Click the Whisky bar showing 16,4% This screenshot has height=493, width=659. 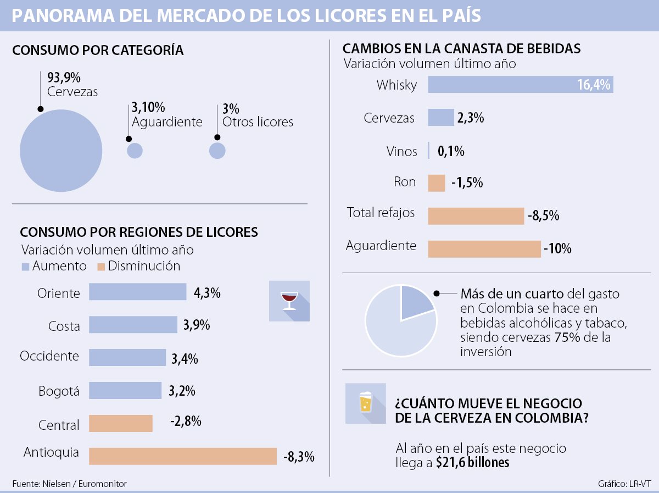[520, 85]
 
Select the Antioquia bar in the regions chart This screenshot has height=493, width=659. [182, 456]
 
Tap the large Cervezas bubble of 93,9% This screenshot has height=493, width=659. [61, 151]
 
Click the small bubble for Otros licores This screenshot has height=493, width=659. [217, 151]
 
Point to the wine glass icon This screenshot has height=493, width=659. [289, 301]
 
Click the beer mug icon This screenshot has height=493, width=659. [365, 403]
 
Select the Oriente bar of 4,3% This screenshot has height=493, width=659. [137, 292]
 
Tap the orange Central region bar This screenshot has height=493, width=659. [120, 424]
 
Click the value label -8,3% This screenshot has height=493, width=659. [299, 456]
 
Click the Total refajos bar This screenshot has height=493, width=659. [476, 216]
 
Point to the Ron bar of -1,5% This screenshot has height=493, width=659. [436, 183]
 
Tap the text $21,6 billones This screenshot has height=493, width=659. [472, 463]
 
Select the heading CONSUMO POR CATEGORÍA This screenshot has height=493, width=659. [98, 50]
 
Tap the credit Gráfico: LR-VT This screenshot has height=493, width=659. [624, 484]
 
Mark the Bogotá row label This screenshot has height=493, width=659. [59, 392]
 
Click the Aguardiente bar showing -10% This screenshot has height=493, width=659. [484, 249]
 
